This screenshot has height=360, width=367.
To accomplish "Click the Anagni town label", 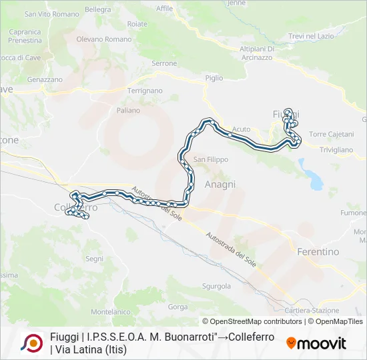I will pos(220,184).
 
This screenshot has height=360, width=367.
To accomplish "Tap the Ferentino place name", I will pos(317,252).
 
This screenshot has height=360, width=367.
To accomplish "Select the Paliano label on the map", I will pos(128,110).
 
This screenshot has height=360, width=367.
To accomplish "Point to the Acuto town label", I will pos(241,129).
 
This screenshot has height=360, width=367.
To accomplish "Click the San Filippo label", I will pos(211,160).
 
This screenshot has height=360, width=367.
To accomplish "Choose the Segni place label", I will pos(94,258).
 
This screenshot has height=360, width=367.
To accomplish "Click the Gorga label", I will pos(178,307).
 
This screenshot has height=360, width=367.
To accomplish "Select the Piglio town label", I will pos(214,78).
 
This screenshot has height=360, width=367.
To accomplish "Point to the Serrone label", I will pos(164,63).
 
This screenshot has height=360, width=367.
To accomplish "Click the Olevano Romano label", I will pos(104,39).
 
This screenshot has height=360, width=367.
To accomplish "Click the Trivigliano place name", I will pos(336,150).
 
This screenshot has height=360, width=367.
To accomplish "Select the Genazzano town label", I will pos(45,79).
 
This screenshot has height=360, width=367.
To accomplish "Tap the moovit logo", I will pos(316,343).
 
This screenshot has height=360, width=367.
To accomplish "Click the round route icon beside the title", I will pos(31,343).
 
